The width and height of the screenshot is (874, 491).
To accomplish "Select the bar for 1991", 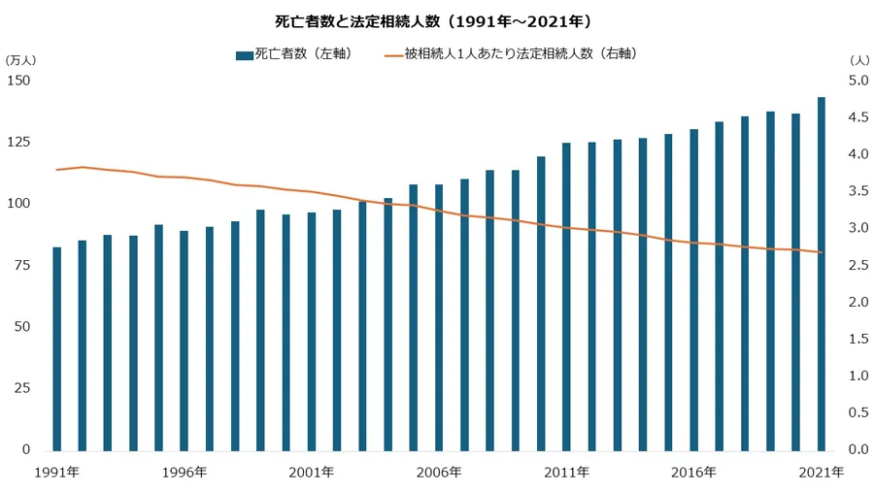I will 57,349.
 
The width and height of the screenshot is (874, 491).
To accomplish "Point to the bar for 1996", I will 185,341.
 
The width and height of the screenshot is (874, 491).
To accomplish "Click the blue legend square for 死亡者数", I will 243,54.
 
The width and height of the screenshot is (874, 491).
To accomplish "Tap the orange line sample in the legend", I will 392,54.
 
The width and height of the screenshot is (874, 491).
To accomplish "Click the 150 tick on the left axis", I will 19,81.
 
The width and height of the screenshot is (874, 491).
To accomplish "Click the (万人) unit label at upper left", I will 20,60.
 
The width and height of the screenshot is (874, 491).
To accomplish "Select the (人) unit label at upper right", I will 858,60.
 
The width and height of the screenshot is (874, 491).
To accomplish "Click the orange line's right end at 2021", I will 822,253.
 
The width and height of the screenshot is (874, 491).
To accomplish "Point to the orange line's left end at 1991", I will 57,170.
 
